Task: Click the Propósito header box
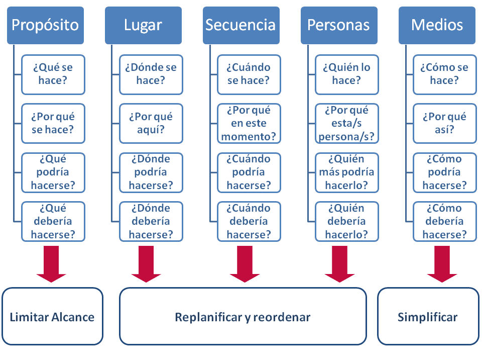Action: coord(45,25)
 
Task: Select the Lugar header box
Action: coord(143,25)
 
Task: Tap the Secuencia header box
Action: coord(241,25)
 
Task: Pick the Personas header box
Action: coord(339,25)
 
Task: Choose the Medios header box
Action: coord(437,25)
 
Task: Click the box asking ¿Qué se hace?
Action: coord(53,74)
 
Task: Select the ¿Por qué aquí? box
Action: coord(151,123)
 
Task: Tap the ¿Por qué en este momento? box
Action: coord(249,123)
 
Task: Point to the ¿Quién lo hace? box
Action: coord(346,74)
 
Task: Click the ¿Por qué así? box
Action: coord(444,123)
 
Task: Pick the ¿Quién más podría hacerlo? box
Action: coord(346,172)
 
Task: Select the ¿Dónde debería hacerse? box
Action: coord(151,222)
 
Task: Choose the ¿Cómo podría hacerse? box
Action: coord(444,172)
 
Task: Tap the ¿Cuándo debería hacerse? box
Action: coord(249,222)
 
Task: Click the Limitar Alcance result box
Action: coord(52,317)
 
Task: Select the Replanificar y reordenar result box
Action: coord(243,317)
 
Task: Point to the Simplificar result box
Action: coord(427,317)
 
